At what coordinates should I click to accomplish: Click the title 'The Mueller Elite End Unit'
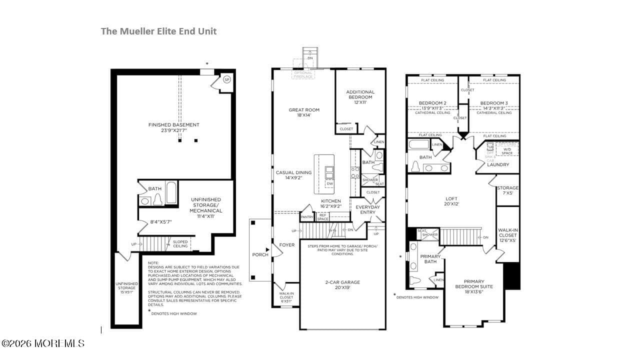pyautogui.click(x=158, y=31)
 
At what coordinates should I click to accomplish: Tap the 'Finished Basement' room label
pyautogui.click(x=173, y=127)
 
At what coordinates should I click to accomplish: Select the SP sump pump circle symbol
pyautogui.click(x=226, y=79)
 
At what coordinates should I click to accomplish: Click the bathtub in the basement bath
pyautogui.click(x=171, y=192)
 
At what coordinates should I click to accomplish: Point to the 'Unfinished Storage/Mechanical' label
pyautogui.click(x=205, y=205)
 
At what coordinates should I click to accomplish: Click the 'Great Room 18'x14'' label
pyautogui.click(x=304, y=112)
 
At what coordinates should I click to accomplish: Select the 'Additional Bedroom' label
pyautogui.click(x=360, y=94)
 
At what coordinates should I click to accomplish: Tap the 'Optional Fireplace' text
pyautogui.click(x=303, y=75)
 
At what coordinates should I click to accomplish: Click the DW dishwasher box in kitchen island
pyautogui.click(x=329, y=184)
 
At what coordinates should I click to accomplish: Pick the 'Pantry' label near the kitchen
pyautogui.click(x=307, y=217)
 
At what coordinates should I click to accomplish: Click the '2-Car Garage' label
pyautogui.click(x=342, y=285)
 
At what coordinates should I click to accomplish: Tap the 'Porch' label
pyautogui.click(x=260, y=254)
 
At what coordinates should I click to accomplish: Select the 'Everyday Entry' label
pyautogui.click(x=367, y=209)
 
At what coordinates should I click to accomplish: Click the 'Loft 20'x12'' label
pyautogui.click(x=451, y=201)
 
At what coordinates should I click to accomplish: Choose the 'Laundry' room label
pyautogui.click(x=498, y=164)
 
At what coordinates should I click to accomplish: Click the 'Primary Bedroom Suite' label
pyautogui.click(x=473, y=284)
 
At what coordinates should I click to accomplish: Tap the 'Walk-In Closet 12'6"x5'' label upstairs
pyautogui.click(x=507, y=235)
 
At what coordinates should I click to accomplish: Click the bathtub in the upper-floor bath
pyautogui.click(x=419, y=145)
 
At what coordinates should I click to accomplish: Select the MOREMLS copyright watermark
pyautogui.click(x=42, y=343)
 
